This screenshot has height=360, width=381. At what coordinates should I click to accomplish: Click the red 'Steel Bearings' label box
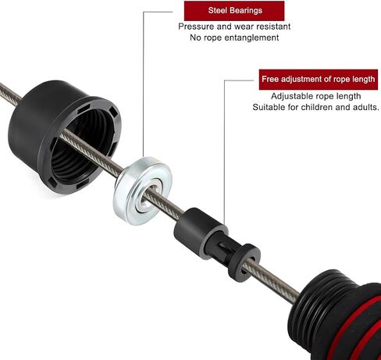tap(234, 11)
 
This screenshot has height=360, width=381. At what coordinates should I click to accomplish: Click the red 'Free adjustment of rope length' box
tap(319, 80)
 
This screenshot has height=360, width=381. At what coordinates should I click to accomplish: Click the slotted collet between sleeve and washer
tap(220, 248)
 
